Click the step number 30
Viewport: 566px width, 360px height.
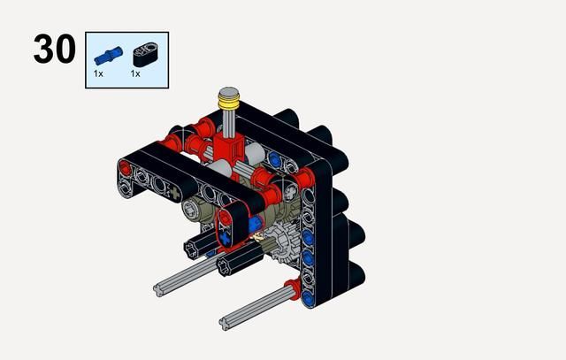coord(55,49)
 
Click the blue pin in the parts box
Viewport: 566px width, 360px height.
coord(108,56)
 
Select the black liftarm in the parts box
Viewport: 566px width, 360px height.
coord(145,55)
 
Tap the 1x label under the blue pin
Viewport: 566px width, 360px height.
coord(98,73)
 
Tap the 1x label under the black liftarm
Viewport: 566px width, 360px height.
coord(135,73)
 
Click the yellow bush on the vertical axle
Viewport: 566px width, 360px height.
coord(229,103)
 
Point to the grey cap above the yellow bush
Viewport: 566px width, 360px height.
coord(229,93)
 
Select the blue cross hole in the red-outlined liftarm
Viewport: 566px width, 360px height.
coord(226,238)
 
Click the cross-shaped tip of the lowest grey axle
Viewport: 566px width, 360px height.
coord(225,324)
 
